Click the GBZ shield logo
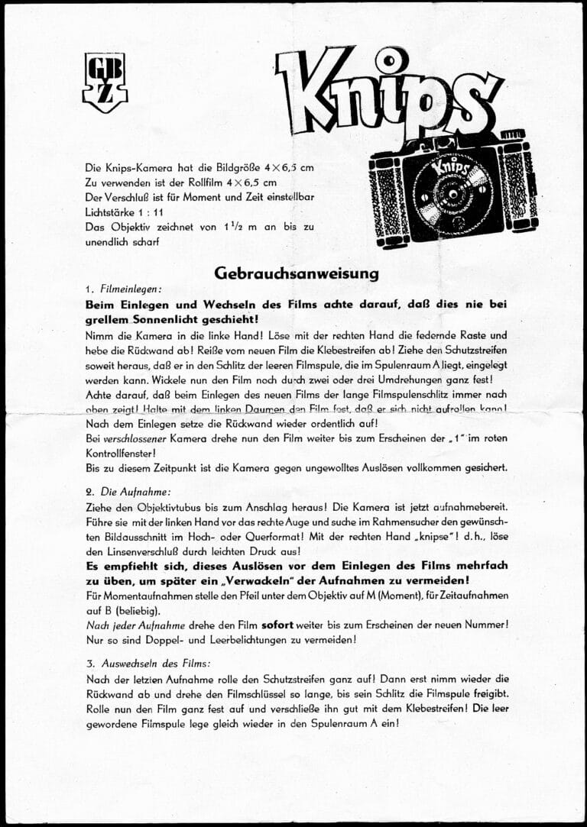click(105, 83)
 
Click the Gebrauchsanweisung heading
click(296, 273)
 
